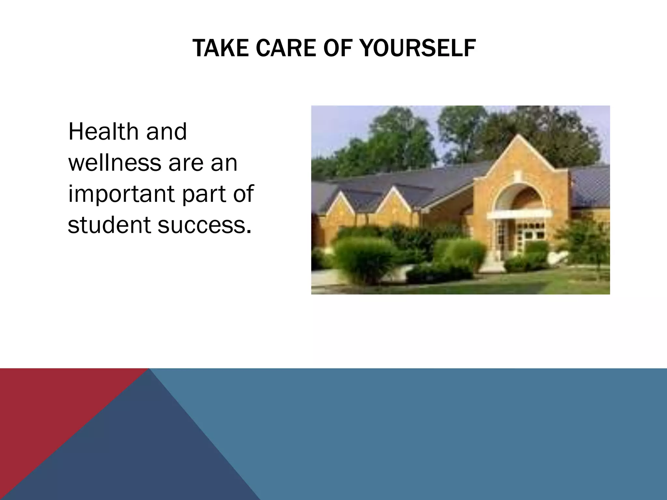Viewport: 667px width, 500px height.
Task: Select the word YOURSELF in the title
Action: pos(418,48)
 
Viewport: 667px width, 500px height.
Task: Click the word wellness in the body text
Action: pos(114,163)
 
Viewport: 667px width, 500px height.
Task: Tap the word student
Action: pos(109,225)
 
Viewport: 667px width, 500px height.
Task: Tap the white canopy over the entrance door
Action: pos(519,214)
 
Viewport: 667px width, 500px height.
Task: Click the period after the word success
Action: pos(249,232)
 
